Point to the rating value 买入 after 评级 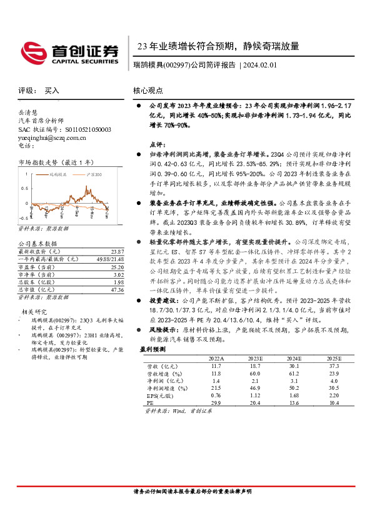[x=52, y=91]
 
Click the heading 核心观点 [x=148, y=91]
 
